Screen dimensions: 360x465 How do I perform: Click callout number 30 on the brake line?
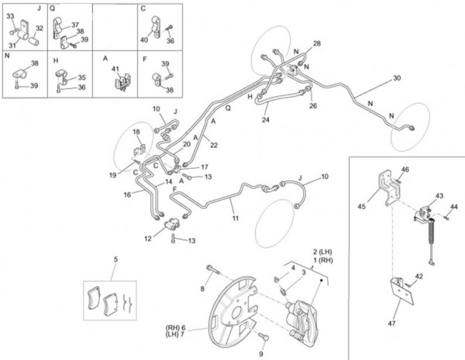397,78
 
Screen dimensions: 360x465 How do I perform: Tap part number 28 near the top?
316,43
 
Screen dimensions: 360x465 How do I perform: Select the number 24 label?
265,120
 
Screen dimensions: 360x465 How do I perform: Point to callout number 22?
214,145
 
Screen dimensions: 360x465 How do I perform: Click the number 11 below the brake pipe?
233,218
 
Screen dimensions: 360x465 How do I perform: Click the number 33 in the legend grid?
9,15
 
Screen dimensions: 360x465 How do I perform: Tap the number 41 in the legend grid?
115,70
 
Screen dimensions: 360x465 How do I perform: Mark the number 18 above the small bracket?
136,132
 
